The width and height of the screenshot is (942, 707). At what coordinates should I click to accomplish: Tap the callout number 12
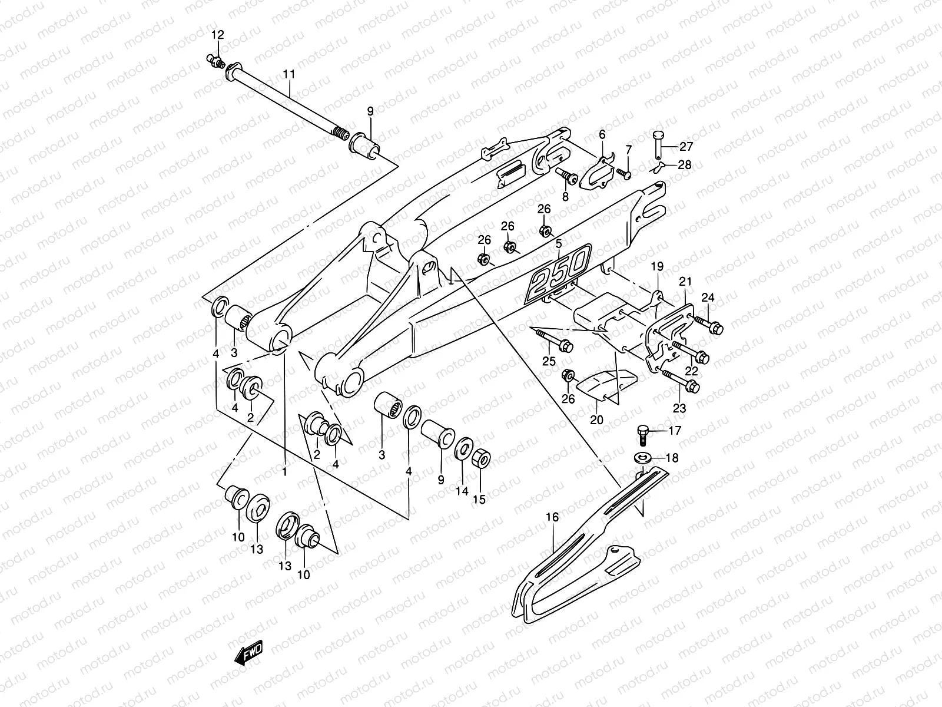coord(218,35)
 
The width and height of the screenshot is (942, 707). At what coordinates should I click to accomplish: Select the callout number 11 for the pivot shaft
coord(289,74)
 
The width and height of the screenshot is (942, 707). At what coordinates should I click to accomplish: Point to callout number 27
coord(686,146)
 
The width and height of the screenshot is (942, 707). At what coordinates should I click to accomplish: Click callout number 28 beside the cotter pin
coord(685,164)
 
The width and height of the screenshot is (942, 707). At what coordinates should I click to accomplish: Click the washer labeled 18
coord(642,458)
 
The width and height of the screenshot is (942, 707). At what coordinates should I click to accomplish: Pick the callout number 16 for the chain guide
coord(552,517)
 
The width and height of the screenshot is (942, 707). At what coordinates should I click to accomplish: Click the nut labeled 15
coord(481,460)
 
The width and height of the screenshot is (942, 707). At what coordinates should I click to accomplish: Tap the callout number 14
coord(462,491)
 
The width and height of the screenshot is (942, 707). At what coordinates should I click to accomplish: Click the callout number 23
coord(679,408)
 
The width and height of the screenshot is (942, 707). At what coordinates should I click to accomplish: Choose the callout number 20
coord(596,420)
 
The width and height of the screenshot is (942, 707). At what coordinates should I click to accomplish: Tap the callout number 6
coord(602,134)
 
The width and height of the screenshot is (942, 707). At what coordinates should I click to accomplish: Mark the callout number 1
coord(284,472)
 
